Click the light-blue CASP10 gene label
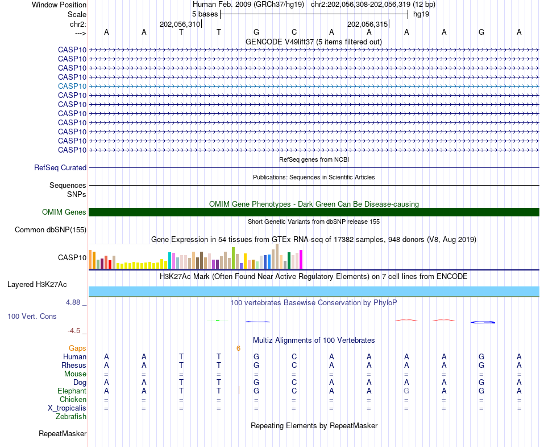pyautogui.click(x=72, y=86)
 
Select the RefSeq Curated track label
pyautogui.click(x=60, y=168)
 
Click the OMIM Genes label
pyautogui.click(x=64, y=212)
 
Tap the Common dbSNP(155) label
pyautogui.click(x=51, y=230)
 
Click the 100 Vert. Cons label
pyautogui.click(x=32, y=316)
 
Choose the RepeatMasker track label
pyautogui.click(x=63, y=434)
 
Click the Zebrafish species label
pyautogui.click(x=71, y=417)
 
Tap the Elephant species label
pyautogui.click(x=72, y=391)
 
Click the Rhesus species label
pyautogui.click(x=74, y=365)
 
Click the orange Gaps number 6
pyautogui.click(x=239, y=348)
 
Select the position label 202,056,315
pyautogui.click(x=367, y=24)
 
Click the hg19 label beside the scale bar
pyautogui.click(x=421, y=14)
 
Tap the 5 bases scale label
pyautogui.click(x=205, y=14)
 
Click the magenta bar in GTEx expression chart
pyautogui.click(x=301, y=260)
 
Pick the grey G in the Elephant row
pyautogui.click(x=406, y=391)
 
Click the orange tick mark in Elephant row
pyautogui.click(x=239, y=390)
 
